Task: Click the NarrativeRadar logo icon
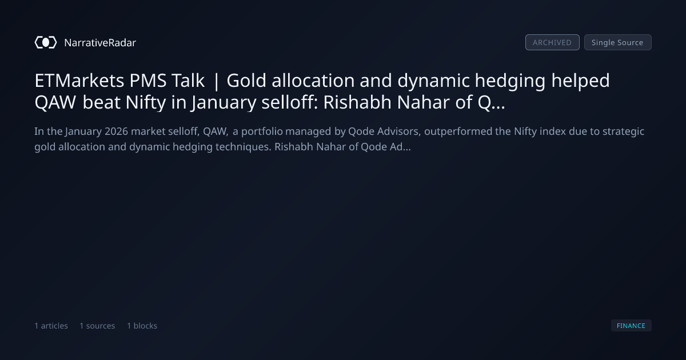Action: pyautogui.click(x=46, y=42)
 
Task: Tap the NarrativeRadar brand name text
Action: pyautogui.click(x=100, y=42)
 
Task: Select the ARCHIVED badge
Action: pyautogui.click(x=552, y=42)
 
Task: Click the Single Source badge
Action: pyautogui.click(x=618, y=42)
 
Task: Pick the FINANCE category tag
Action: pyautogui.click(x=631, y=325)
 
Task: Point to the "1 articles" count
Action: pyautogui.click(x=51, y=326)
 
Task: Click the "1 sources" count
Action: pyautogui.click(x=97, y=326)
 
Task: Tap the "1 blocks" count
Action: pyautogui.click(x=142, y=326)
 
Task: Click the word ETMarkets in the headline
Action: pyautogui.click(x=79, y=81)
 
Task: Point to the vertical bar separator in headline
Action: pyautogui.click(x=216, y=81)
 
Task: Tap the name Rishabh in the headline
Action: pyautogui.click(x=357, y=102)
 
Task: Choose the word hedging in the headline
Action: pyautogui.click(x=510, y=81)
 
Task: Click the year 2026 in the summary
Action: pyautogui.click(x=117, y=131)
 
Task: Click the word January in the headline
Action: pyautogui.click(x=224, y=103)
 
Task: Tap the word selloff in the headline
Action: pyautogui.click(x=289, y=102)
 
